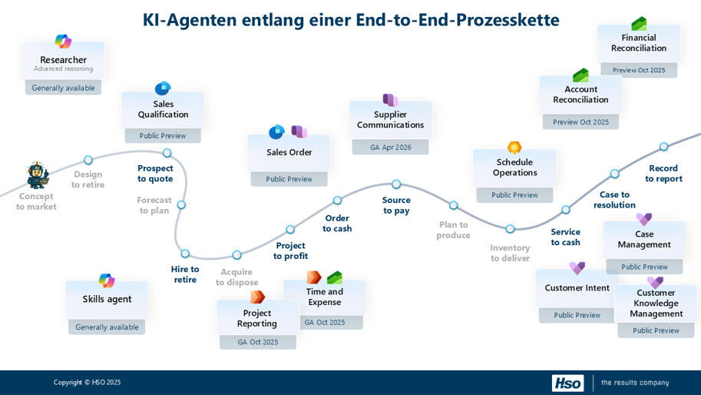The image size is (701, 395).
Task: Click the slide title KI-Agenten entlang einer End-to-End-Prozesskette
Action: (x=350, y=20)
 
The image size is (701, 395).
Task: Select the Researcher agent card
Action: (x=63, y=62)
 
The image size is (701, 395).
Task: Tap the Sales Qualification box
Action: (x=163, y=110)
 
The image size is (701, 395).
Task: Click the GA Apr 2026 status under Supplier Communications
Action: (x=390, y=147)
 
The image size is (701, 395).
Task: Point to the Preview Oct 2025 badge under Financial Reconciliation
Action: (x=639, y=70)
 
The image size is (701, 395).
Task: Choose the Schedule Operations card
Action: (x=514, y=168)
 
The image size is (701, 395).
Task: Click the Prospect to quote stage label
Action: (x=155, y=174)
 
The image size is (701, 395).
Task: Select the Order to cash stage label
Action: (x=337, y=224)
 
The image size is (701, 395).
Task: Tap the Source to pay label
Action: (x=396, y=205)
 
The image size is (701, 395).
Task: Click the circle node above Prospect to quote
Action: (x=167, y=153)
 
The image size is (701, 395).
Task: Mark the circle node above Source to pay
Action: (x=396, y=184)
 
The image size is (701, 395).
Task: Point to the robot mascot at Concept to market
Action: (x=38, y=176)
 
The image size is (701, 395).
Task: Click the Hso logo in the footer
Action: (x=567, y=383)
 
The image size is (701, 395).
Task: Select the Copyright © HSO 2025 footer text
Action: (x=87, y=383)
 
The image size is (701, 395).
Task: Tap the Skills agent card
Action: (x=107, y=300)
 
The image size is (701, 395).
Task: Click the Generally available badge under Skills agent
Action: (x=107, y=327)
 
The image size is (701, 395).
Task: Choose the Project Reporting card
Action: (x=257, y=319)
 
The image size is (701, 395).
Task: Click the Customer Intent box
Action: (x=577, y=289)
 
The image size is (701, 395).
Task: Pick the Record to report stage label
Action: (x=663, y=174)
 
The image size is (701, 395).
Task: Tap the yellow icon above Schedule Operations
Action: (x=514, y=148)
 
